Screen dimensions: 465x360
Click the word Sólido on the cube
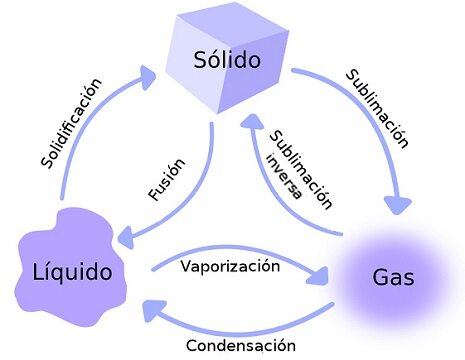227,60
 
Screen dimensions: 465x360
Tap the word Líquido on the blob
72,272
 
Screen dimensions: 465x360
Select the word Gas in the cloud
393,277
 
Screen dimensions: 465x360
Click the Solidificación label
71,123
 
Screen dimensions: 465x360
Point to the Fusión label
167,179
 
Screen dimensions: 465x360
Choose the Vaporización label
230,266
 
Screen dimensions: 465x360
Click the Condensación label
241,345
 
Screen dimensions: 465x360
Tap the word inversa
284,176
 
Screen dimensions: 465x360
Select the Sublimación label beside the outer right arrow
377,109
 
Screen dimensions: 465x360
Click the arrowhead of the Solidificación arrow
148,77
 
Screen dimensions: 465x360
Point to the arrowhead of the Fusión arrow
127,237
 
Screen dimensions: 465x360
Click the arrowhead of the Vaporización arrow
318,276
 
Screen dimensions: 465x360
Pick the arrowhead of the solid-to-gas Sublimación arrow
398,204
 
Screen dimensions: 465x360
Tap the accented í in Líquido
50,272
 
